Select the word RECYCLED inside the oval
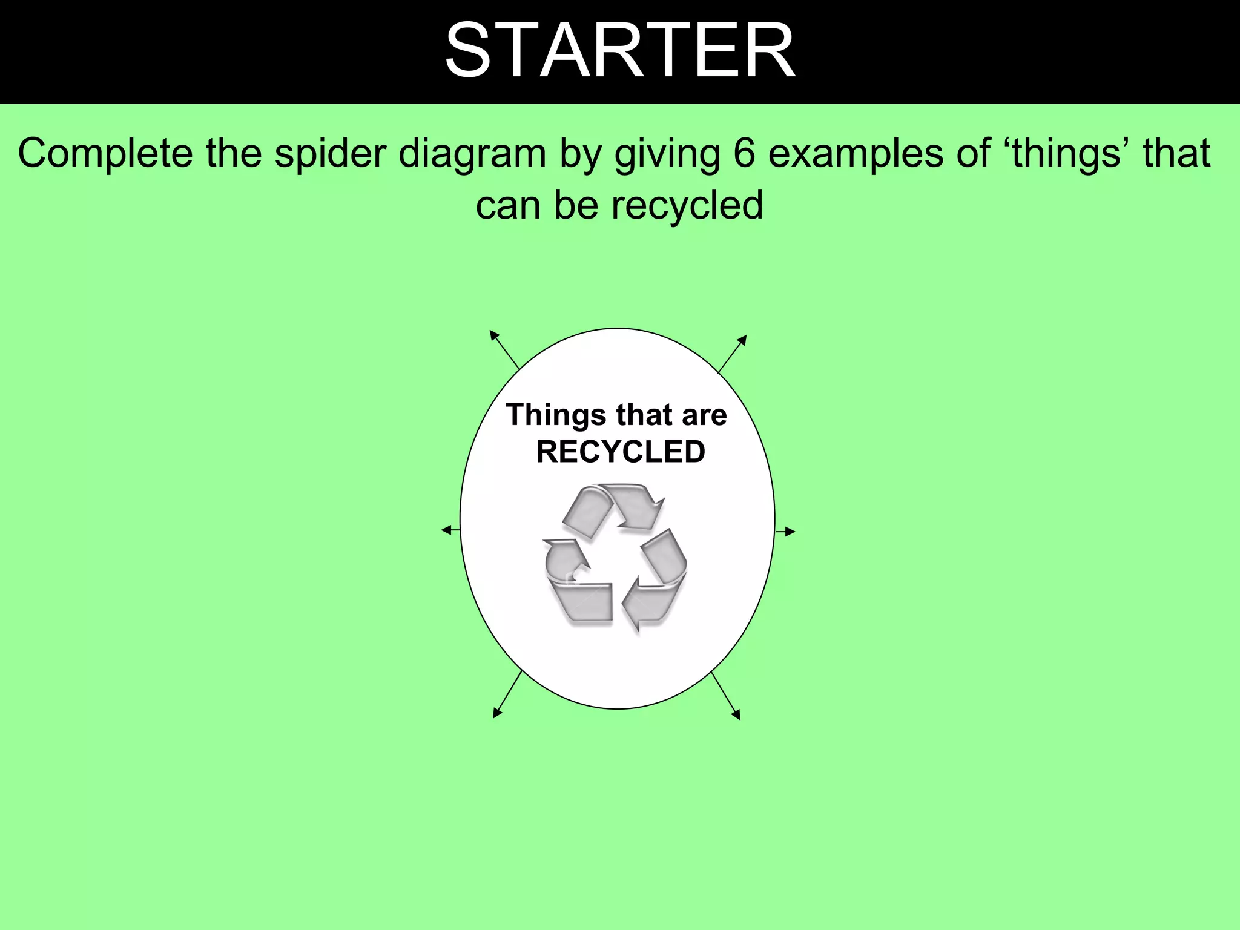(621, 452)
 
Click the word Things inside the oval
(556, 415)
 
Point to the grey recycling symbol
(616, 558)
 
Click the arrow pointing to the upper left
(504, 349)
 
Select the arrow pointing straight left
(450, 530)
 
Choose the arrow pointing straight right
(785, 532)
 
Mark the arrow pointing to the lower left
(507, 694)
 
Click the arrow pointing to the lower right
(726, 696)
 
